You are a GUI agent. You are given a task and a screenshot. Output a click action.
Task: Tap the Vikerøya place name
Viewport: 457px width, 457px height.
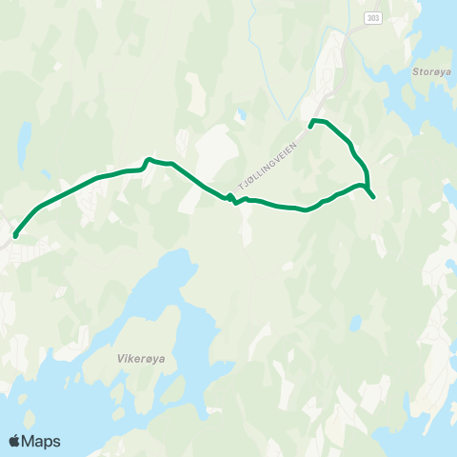138,360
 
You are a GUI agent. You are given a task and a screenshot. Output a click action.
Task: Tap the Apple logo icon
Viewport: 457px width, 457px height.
14,441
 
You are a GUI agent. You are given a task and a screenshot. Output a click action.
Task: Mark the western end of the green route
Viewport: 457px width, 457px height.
15,235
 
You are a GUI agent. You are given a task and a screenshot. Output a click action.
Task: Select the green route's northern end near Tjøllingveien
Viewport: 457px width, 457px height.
311,122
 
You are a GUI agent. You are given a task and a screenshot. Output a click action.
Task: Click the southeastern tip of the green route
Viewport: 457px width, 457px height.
373,197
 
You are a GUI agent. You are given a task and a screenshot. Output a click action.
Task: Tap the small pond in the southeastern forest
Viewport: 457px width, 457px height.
354,325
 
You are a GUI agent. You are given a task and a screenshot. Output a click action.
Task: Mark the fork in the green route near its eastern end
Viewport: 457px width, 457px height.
367,187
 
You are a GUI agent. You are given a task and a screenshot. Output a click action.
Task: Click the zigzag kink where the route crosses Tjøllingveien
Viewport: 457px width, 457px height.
232,198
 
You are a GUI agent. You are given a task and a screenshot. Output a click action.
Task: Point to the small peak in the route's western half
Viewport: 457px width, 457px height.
147,159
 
